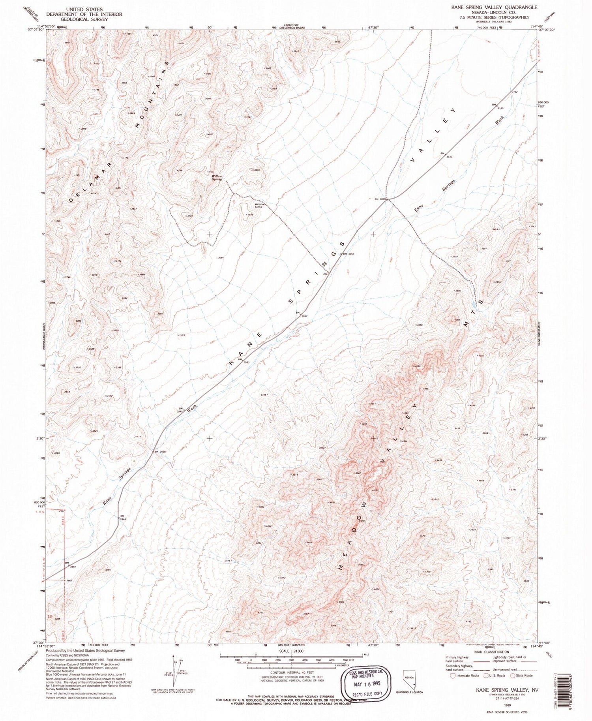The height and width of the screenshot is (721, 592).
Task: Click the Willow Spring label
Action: click(217, 178)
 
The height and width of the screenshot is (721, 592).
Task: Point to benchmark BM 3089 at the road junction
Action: click(379, 199)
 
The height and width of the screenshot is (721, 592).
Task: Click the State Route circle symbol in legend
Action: click(513, 675)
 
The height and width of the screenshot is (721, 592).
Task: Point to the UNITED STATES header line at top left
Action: click(84, 9)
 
